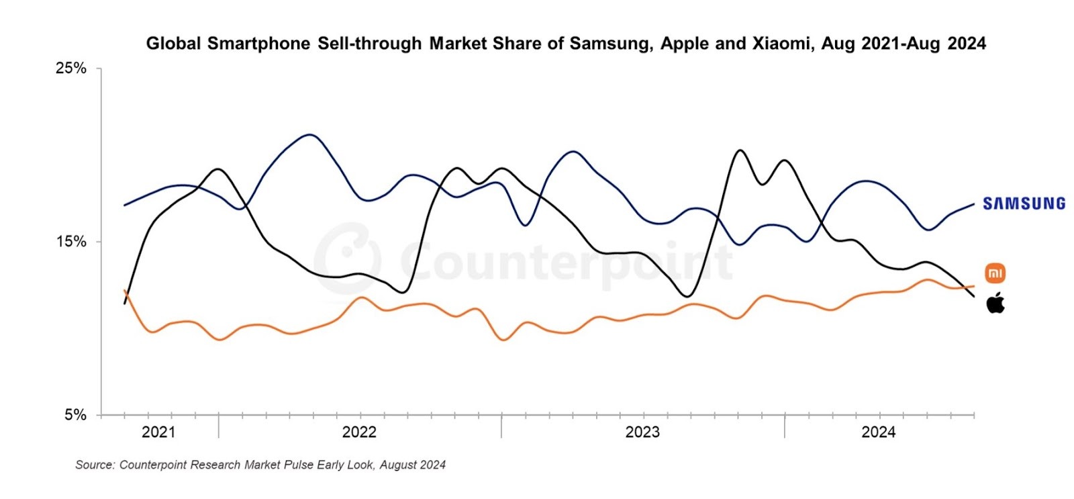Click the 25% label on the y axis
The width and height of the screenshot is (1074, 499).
point(71,68)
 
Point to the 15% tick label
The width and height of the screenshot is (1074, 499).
point(71,242)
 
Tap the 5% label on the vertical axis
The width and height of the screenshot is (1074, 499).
point(75,415)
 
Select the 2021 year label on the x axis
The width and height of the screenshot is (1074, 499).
point(158,433)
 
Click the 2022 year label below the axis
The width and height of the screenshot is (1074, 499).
point(359,433)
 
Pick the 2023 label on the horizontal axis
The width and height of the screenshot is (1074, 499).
point(642,433)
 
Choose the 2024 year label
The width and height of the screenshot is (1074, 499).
point(879,433)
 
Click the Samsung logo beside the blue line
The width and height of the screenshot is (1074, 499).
point(1024,203)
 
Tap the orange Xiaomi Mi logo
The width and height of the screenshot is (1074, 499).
point(995,273)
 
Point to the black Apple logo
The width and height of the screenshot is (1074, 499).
point(995,304)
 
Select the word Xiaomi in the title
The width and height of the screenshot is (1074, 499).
point(781,44)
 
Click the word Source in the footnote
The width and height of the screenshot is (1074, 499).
point(94,465)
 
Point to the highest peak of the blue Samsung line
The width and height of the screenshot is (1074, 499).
point(309,135)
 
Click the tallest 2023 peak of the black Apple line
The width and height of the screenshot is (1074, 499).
point(740,150)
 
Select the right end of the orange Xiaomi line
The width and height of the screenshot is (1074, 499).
point(973,286)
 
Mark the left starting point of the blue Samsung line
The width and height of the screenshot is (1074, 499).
point(125,205)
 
